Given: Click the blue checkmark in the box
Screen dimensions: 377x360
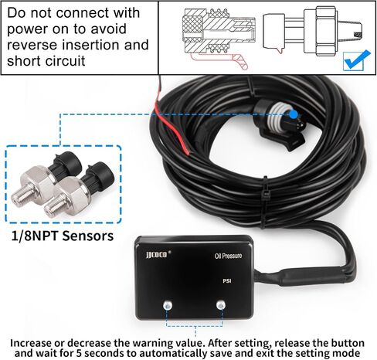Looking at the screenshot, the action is (358, 60).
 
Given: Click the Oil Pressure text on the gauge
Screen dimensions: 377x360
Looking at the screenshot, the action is (228, 256).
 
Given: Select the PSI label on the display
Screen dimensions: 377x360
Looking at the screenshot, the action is (226, 280).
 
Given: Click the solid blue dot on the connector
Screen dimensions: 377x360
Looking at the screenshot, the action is (294, 114).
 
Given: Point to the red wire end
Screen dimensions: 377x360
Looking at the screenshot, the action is (186, 150).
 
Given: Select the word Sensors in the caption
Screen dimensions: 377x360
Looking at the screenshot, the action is (88, 236).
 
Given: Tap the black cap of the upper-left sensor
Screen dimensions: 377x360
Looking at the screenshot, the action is (68, 161).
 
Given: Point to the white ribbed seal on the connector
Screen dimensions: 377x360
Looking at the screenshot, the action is (277, 117).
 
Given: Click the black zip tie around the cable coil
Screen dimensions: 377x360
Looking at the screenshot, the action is (264, 202).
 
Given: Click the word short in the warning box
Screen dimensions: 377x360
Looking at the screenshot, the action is (23, 61).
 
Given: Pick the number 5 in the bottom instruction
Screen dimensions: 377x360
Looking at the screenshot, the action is (79, 352).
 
